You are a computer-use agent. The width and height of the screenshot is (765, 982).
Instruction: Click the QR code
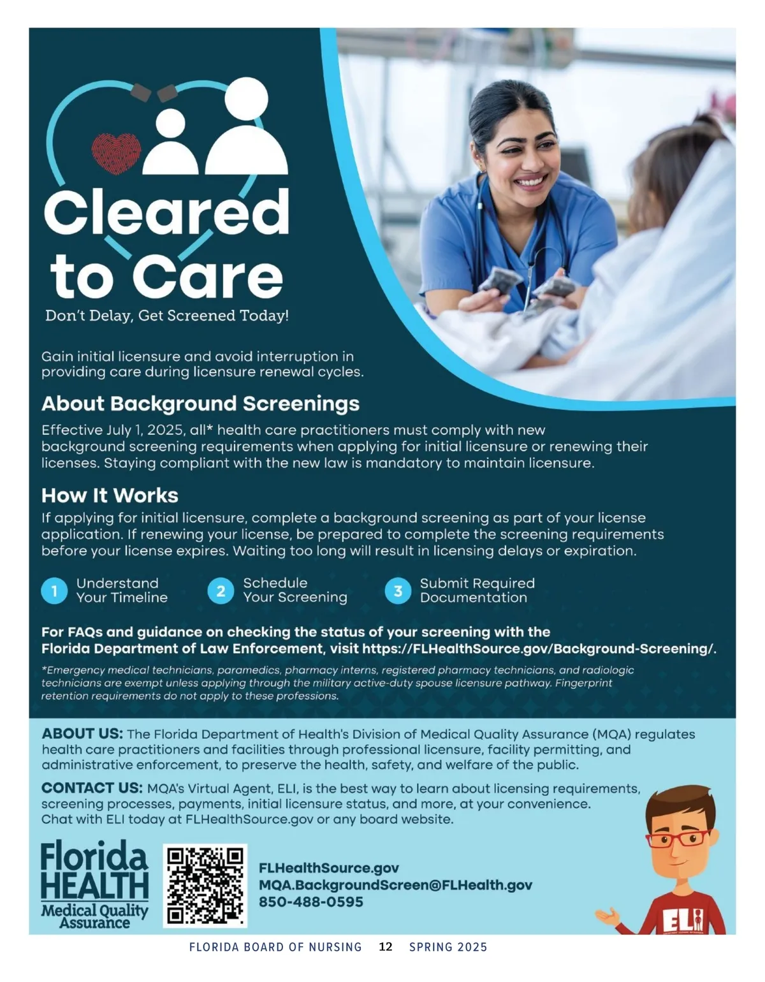[205, 885]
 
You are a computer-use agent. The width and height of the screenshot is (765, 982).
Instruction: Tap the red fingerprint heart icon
[116, 153]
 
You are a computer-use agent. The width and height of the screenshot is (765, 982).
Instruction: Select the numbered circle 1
[54, 591]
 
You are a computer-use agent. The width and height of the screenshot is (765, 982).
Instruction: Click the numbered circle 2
[221, 591]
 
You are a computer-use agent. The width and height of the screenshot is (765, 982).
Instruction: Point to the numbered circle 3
[398, 591]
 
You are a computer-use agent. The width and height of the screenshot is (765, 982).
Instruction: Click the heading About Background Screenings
[200, 404]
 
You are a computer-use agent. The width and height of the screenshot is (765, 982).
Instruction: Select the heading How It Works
[110, 495]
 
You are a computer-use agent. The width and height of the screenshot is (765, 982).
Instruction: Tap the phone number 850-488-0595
[310, 902]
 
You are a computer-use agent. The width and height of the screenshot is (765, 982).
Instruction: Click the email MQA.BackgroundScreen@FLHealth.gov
[395, 885]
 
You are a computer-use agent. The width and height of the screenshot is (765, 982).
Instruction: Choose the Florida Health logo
[94, 885]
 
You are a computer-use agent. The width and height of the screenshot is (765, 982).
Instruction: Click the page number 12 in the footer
[386, 947]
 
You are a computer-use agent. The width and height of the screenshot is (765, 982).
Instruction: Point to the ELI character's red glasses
[677, 838]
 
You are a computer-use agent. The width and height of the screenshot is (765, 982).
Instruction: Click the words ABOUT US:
[82, 734]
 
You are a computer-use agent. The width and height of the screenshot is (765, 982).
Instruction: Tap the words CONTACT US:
[92, 788]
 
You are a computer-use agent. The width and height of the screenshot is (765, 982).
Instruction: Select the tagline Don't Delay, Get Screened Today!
[167, 316]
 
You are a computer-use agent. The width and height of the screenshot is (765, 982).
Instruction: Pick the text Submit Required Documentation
[477, 590]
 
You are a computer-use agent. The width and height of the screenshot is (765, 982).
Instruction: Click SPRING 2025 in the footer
[448, 947]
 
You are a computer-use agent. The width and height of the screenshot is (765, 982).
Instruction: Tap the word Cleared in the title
[166, 213]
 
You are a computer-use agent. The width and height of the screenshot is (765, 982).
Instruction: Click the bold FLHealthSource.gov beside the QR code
[328, 868]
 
